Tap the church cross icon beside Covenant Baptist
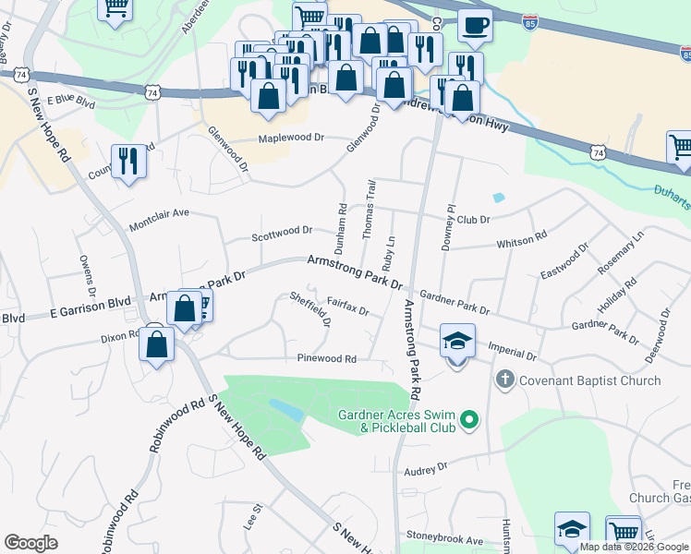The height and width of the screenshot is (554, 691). (x=504, y=379)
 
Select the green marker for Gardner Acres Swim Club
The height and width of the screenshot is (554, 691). (x=469, y=421)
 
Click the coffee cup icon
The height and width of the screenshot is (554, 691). (x=475, y=25)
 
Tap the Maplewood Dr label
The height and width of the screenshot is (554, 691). (x=291, y=138)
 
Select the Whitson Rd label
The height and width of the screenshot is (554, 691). (x=522, y=241)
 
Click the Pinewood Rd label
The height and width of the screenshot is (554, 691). (x=326, y=358)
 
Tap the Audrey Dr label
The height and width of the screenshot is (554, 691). (x=425, y=470)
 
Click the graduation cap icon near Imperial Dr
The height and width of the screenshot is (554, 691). (x=457, y=342)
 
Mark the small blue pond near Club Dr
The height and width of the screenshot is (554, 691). (x=499, y=197)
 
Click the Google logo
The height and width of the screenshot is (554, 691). (x=31, y=542)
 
